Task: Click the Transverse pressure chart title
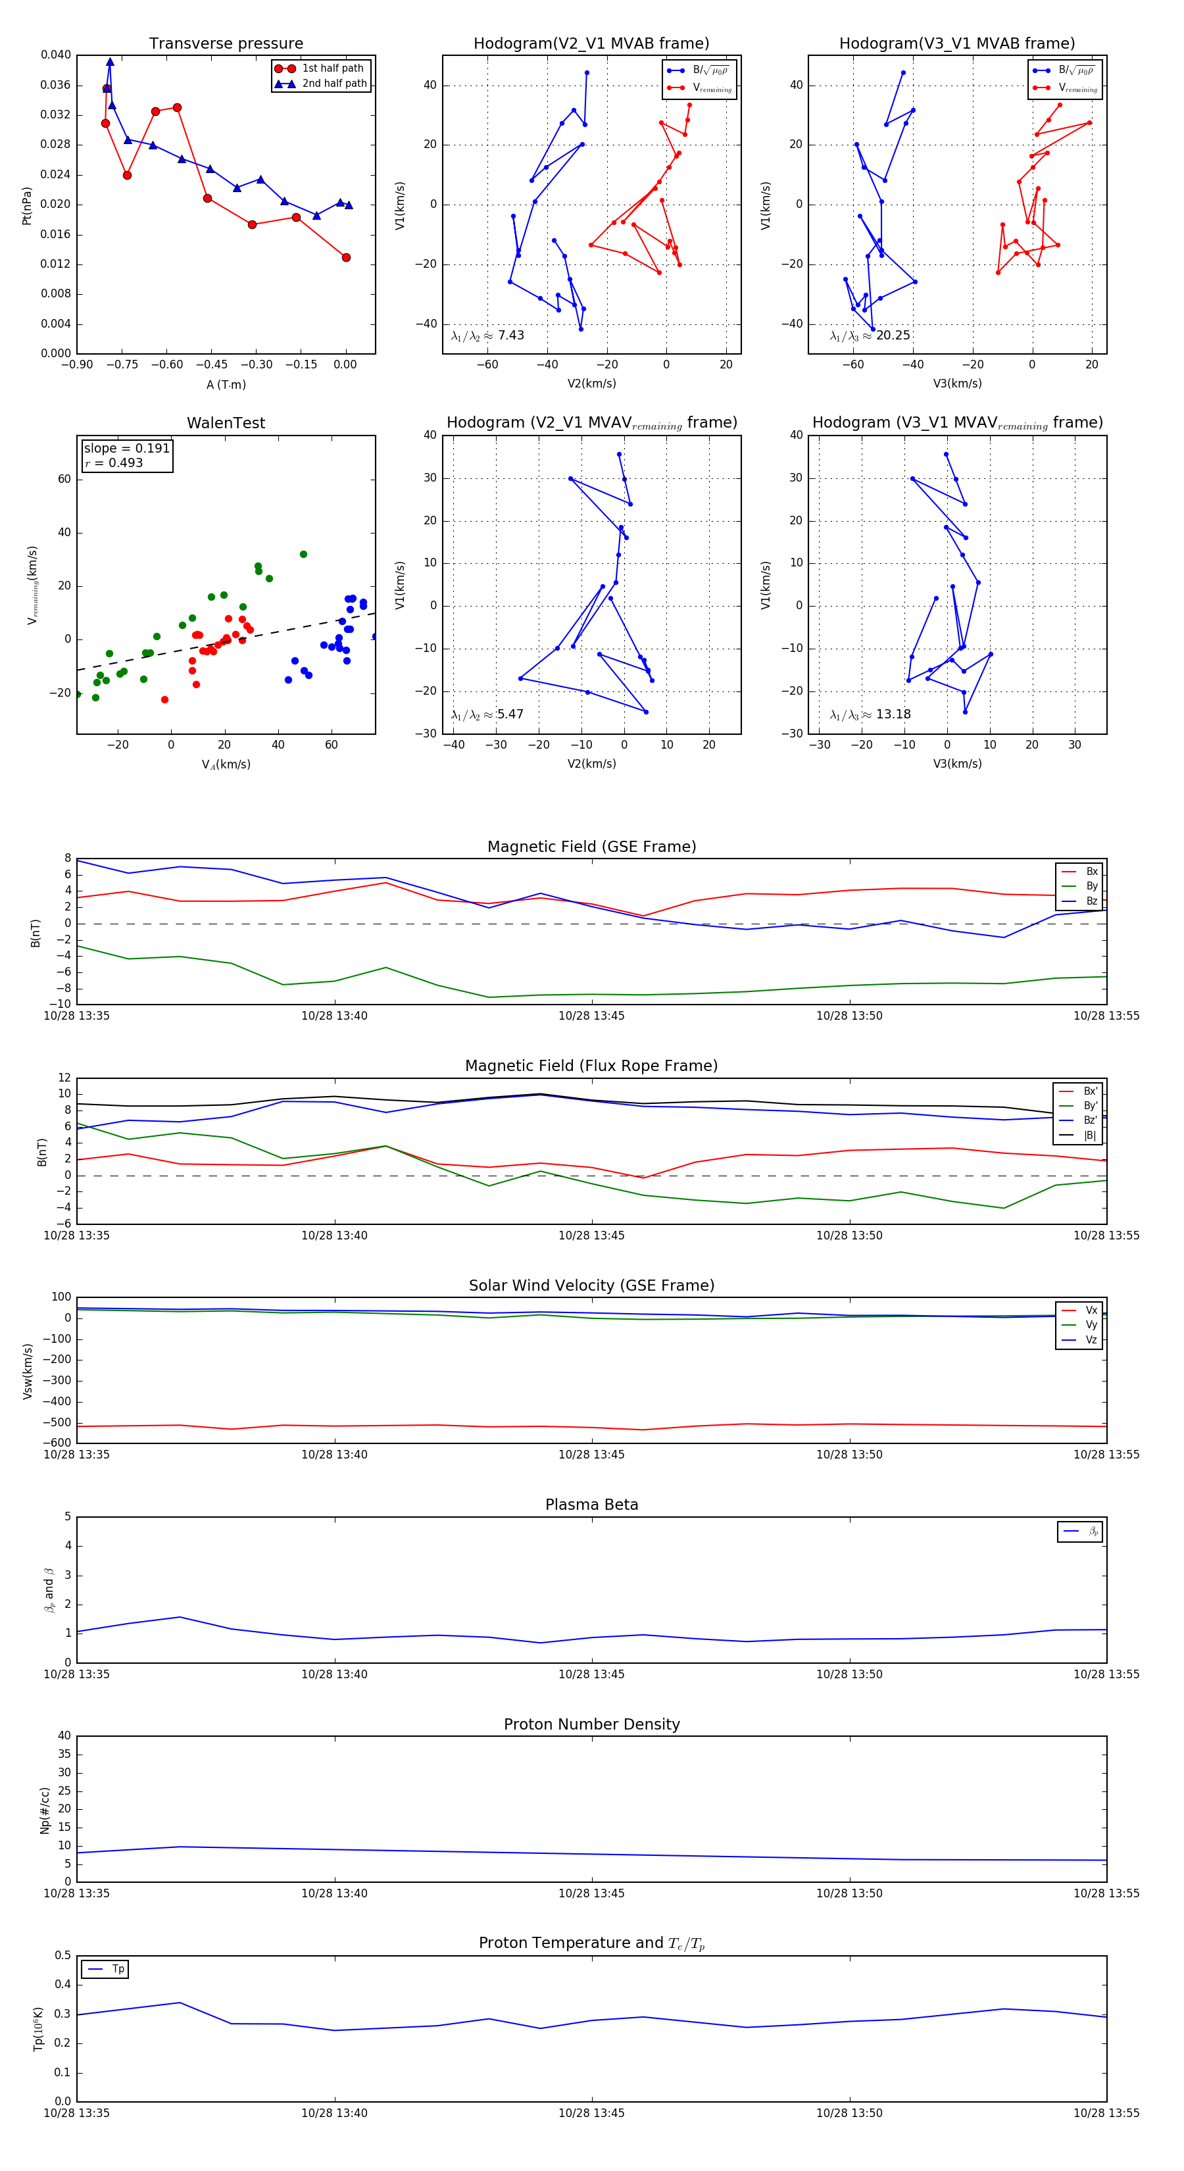tap(226, 44)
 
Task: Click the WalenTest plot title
tap(226, 423)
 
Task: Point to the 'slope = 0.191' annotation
tap(126, 449)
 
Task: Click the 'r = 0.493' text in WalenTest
tap(114, 462)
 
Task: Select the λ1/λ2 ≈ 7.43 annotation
tap(488, 336)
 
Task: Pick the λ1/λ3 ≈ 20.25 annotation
tap(870, 336)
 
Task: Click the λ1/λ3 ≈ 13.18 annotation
tap(870, 714)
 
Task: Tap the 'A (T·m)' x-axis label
tap(226, 385)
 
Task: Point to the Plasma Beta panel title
tap(591, 1505)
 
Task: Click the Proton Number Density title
tap(591, 1724)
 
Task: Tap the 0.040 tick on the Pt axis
tap(56, 55)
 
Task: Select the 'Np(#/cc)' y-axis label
tap(45, 1810)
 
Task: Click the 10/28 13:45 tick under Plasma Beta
tap(591, 1674)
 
